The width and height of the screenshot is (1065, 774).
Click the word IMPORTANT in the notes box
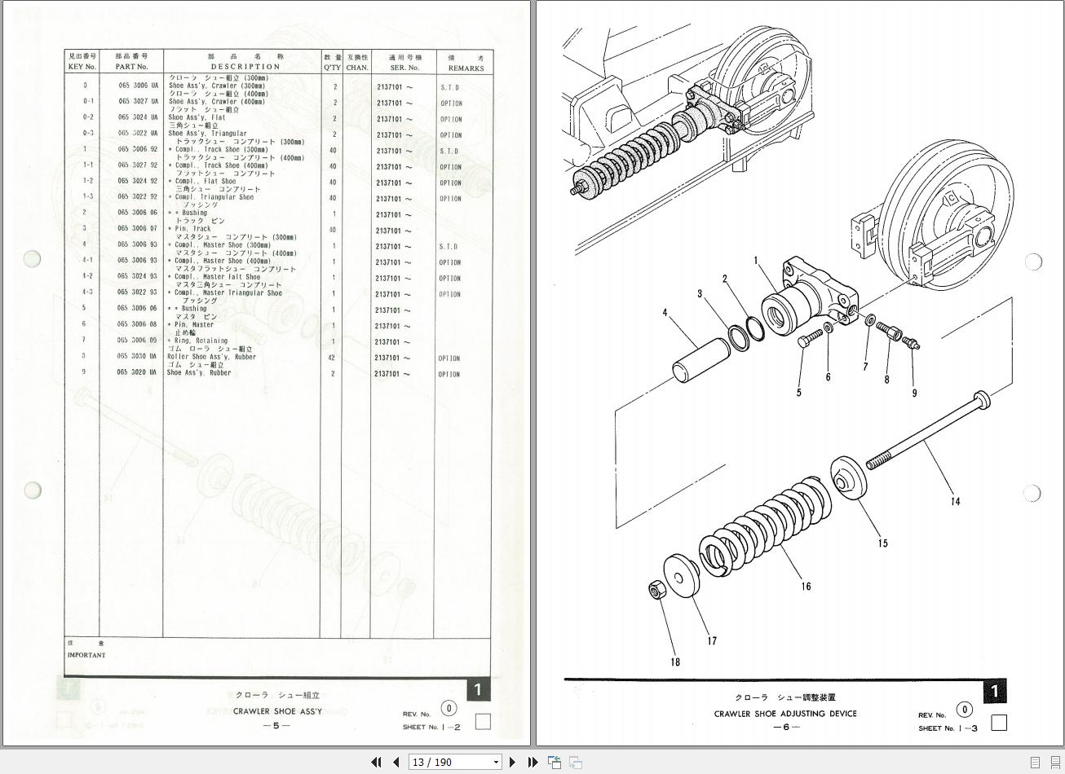86,655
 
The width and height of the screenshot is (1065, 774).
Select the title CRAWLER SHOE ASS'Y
277,711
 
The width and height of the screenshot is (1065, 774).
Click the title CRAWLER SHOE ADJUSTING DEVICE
785,714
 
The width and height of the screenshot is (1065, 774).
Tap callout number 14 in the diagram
955,501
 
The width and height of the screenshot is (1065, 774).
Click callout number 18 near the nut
674,662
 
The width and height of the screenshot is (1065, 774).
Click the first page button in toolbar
376,763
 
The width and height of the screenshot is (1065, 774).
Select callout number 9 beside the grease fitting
914,393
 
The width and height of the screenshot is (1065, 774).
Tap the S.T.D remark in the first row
449,87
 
